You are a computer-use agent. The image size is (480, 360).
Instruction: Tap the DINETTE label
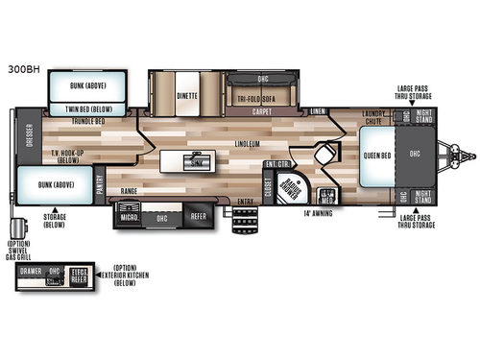[186, 96]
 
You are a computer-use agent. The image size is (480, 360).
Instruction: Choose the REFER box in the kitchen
[197, 217]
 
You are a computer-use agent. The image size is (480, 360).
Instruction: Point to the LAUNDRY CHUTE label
[374, 119]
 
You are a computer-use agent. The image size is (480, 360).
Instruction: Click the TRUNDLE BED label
[86, 121]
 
